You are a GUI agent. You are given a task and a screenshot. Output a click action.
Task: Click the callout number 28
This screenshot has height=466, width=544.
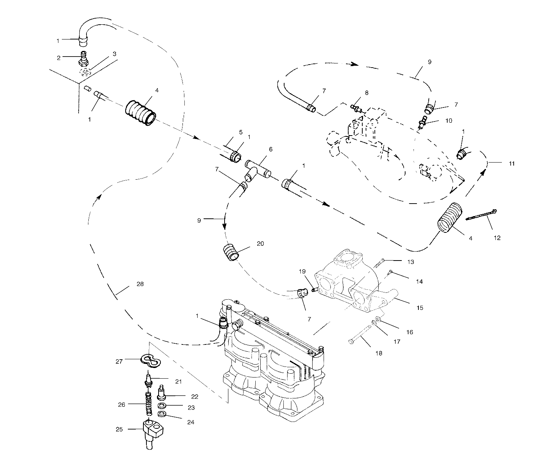(140, 284)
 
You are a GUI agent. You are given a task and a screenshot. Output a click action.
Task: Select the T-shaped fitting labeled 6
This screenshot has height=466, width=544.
(257, 169)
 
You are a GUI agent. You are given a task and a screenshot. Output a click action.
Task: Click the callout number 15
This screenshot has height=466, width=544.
(419, 308)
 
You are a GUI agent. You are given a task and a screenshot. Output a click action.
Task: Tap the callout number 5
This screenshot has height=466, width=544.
(241, 132)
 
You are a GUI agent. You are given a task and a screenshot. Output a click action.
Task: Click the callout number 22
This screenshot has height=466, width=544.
(195, 396)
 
